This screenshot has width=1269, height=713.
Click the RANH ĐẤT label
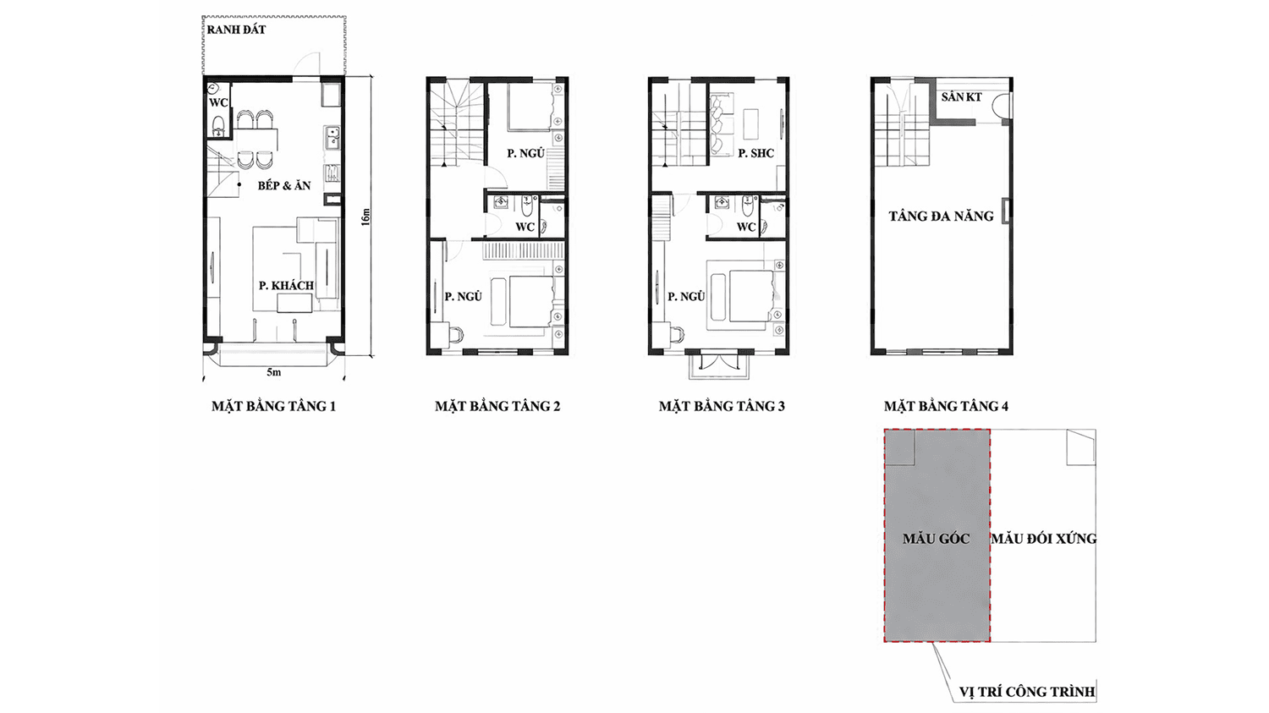[x=236, y=30]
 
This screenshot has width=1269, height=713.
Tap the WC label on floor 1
[x=218, y=102]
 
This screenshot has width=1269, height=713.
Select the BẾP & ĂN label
[x=284, y=185]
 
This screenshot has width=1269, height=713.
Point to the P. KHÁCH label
[x=287, y=285]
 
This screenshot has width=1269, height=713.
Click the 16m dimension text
[x=365, y=217]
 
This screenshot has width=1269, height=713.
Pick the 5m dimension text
[x=273, y=372]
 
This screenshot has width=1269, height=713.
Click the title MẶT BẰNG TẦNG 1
[x=273, y=406]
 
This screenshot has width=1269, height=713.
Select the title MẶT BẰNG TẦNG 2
[x=497, y=406]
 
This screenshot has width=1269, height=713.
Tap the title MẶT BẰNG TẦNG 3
[x=722, y=406]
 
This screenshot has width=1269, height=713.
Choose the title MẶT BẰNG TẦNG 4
[x=946, y=406]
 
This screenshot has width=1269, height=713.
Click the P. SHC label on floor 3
[x=755, y=153]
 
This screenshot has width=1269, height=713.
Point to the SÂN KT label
[x=961, y=96]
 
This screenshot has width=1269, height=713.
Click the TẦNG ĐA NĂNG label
[x=941, y=216]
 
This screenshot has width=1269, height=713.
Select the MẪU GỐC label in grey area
[x=936, y=538]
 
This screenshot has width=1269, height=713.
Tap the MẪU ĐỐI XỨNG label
[x=1043, y=538]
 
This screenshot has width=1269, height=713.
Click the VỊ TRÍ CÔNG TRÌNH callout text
[x=1027, y=692]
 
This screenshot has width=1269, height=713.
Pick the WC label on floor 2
[x=525, y=227]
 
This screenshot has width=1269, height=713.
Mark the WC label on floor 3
[x=746, y=227]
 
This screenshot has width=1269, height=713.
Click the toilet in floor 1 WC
[x=218, y=126]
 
